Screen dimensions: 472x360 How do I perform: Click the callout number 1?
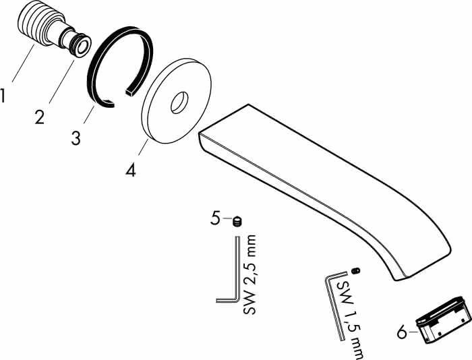(3, 95)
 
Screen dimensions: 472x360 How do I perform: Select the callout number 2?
(39, 117)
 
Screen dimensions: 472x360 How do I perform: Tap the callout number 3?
(76, 138)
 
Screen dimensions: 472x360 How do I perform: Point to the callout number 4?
(131, 170)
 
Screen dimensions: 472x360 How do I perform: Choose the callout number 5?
(215, 218)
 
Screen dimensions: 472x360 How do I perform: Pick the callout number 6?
(403, 332)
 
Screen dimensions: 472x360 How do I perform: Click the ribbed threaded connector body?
(39, 28)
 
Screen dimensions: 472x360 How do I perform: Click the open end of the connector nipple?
(82, 46)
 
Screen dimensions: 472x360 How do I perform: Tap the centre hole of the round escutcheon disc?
(179, 102)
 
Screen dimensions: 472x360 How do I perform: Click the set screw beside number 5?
(237, 222)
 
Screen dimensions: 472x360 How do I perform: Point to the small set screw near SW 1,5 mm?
(356, 270)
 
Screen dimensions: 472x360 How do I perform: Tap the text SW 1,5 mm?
(351, 320)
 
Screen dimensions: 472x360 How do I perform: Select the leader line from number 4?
(143, 146)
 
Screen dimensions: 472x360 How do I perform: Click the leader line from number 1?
(24, 63)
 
